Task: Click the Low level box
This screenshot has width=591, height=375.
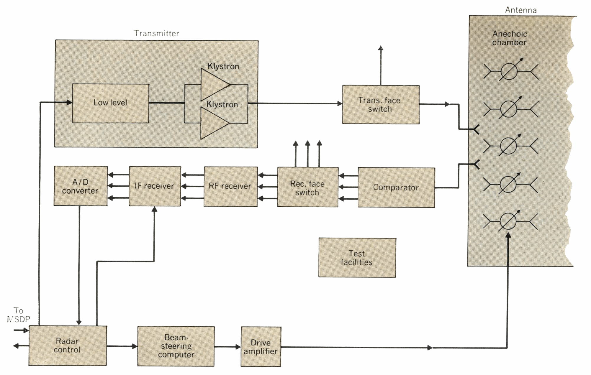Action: tap(110, 103)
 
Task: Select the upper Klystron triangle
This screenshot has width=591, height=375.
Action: tap(213, 85)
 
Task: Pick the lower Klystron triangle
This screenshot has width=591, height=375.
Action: tap(213, 123)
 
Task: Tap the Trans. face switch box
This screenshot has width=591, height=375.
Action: tap(381, 105)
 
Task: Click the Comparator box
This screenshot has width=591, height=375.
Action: tap(396, 187)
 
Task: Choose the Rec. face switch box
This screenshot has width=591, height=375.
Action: tap(307, 187)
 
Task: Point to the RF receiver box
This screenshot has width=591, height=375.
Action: tap(230, 186)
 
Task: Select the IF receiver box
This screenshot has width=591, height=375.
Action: tap(155, 186)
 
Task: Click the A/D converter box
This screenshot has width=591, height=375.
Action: tap(81, 186)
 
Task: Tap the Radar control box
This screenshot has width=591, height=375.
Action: tap(68, 346)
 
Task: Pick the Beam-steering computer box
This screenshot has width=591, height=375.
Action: tap(176, 346)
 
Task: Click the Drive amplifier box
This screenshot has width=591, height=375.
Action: tap(261, 347)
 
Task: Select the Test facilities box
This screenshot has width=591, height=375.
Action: tap(357, 258)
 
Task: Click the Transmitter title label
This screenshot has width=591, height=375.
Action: tap(157, 33)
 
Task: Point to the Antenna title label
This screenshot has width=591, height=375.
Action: tap(521, 10)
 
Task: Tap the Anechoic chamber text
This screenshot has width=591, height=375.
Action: tap(509, 38)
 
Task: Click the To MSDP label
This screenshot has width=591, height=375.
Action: tap(18, 315)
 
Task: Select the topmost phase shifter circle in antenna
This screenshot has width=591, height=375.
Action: tap(509, 71)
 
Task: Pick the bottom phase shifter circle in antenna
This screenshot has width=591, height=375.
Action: tap(508, 222)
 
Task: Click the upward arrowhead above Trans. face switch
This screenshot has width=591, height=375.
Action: tap(381, 48)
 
